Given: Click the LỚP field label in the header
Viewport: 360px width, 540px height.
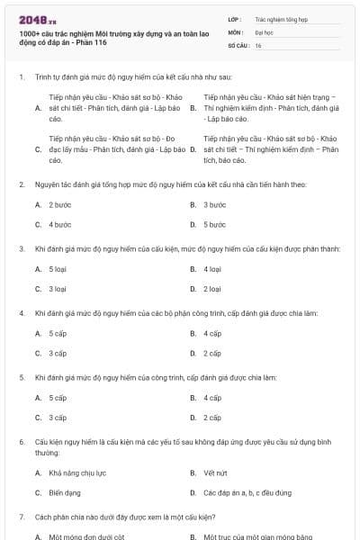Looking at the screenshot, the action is [x=236, y=18].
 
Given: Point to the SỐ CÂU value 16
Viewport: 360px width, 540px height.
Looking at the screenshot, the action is [x=258, y=44].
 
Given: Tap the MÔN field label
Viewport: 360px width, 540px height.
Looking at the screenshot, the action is [x=237, y=31].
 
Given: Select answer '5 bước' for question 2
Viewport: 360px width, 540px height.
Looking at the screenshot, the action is [x=214, y=224].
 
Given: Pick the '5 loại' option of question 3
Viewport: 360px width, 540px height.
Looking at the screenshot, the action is [x=58, y=269].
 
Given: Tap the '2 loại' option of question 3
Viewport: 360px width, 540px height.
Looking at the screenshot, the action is [x=213, y=289].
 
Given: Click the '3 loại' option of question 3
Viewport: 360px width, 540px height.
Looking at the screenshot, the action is [x=58, y=289].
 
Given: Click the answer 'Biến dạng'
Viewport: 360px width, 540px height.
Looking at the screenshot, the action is [x=65, y=493].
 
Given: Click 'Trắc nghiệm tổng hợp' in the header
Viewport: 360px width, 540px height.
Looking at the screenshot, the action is [x=281, y=18].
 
